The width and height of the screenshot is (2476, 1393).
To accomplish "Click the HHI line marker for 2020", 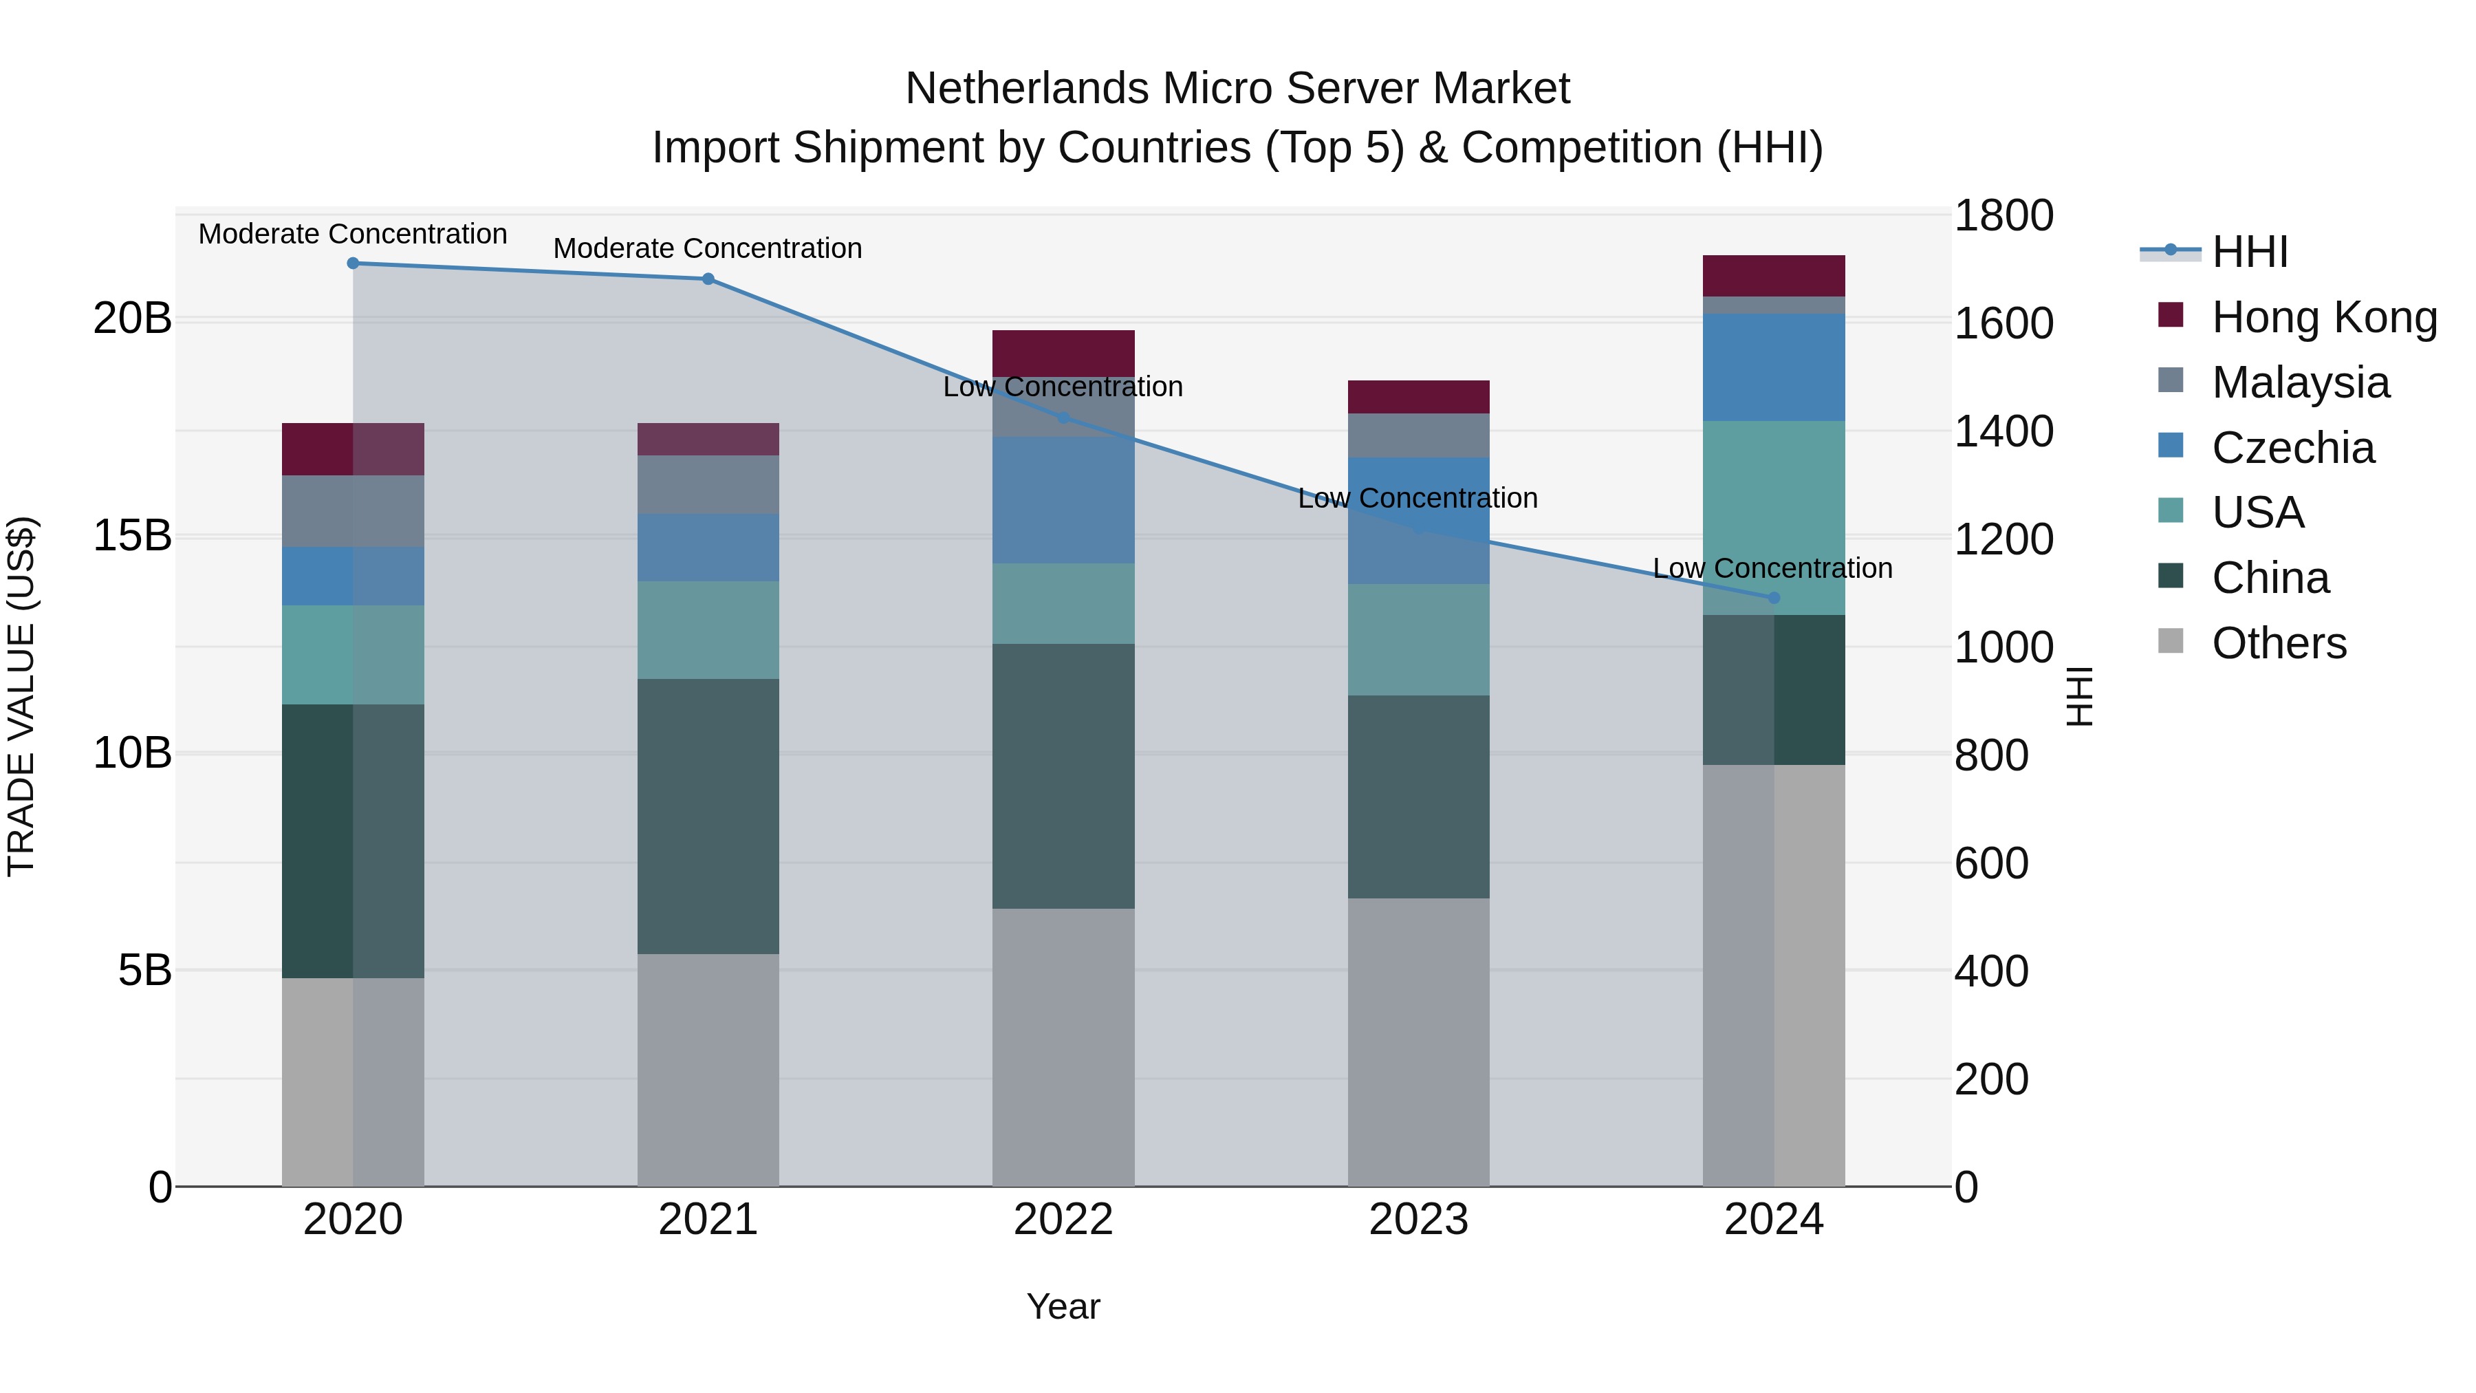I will pos(353,263).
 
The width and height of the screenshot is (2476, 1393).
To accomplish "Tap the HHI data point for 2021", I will pos(708,279).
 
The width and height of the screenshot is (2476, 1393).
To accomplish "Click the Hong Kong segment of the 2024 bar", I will pos(1773,276).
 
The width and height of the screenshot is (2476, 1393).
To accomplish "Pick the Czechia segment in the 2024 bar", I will pos(1773,367).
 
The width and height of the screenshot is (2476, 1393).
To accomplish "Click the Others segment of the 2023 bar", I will pos(1418,1042).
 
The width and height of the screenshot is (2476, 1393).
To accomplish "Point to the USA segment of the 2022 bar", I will pos(1063,604).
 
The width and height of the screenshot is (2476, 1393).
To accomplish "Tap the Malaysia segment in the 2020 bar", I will pos(353,511).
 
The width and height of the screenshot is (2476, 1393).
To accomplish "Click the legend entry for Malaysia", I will pos(2300,382).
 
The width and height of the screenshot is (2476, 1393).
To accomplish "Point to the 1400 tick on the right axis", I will pos(2003,431).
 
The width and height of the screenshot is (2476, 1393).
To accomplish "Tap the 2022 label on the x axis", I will pos(1063,1220).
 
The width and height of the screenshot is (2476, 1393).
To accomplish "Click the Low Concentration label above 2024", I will pos(1772,568).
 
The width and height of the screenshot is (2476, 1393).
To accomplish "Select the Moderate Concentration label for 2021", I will pos(708,248).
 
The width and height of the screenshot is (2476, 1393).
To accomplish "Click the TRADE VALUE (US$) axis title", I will pos(21,696).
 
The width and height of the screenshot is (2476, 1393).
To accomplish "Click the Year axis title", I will pos(1063,1306).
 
